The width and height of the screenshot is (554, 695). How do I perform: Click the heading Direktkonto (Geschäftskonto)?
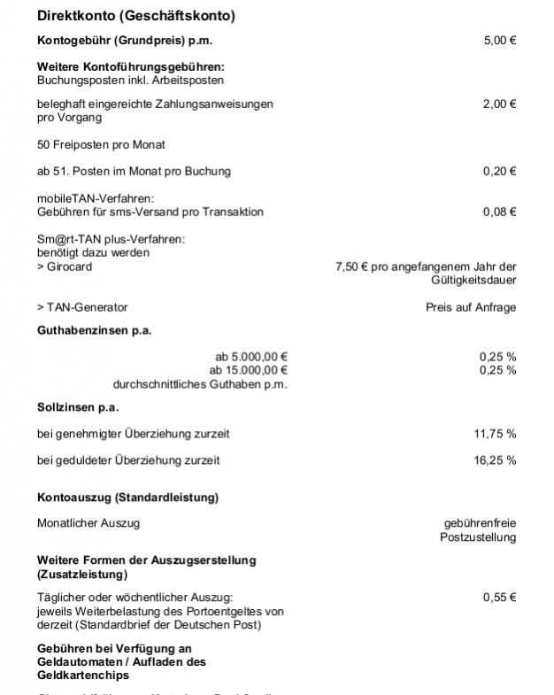point(135,16)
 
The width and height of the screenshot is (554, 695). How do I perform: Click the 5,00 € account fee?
point(499,40)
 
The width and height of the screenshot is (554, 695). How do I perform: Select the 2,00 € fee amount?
point(499,104)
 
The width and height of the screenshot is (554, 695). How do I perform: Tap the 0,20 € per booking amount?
point(499,171)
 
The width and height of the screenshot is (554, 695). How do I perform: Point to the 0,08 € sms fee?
point(499,212)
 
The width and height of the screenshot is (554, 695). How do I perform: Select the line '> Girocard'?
point(65,266)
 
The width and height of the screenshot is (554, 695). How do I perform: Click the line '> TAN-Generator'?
point(82,307)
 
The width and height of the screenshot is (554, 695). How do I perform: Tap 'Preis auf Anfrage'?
point(471,307)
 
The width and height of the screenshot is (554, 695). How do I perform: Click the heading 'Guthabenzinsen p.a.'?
point(95,330)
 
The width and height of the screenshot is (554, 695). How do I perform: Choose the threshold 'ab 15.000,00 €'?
point(249,369)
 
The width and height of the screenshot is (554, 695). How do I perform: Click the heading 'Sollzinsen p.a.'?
point(78,407)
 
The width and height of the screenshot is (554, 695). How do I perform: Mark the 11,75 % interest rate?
point(496,434)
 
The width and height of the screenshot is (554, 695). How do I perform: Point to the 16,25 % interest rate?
point(496,460)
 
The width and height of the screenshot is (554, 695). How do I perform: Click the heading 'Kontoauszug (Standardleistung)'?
point(127,497)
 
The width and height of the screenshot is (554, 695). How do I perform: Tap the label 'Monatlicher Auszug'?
point(88,522)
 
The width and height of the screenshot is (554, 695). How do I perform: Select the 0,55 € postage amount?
point(499,598)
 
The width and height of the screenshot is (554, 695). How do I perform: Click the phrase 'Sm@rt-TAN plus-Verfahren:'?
point(111,239)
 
